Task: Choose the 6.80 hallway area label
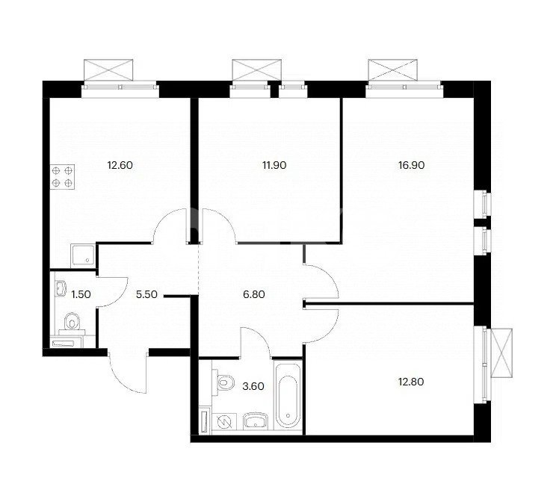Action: (x=255, y=294)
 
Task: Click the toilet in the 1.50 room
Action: (x=72, y=323)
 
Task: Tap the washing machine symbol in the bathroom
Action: (x=223, y=422)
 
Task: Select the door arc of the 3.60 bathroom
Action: (x=257, y=343)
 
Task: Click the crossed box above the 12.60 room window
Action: (x=109, y=70)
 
